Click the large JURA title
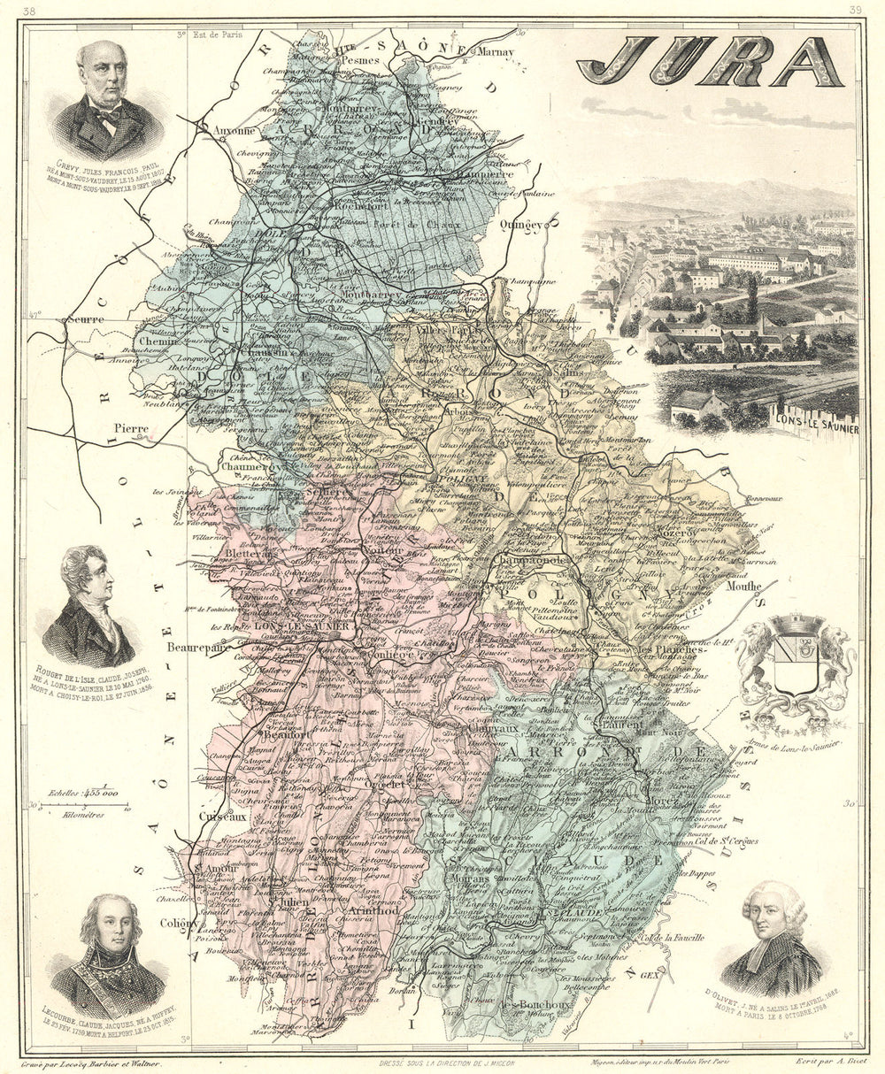(x=710, y=62)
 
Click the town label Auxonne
(x=235, y=129)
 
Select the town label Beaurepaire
(x=201, y=647)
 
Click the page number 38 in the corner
(x=30, y=11)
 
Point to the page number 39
(x=855, y=11)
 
